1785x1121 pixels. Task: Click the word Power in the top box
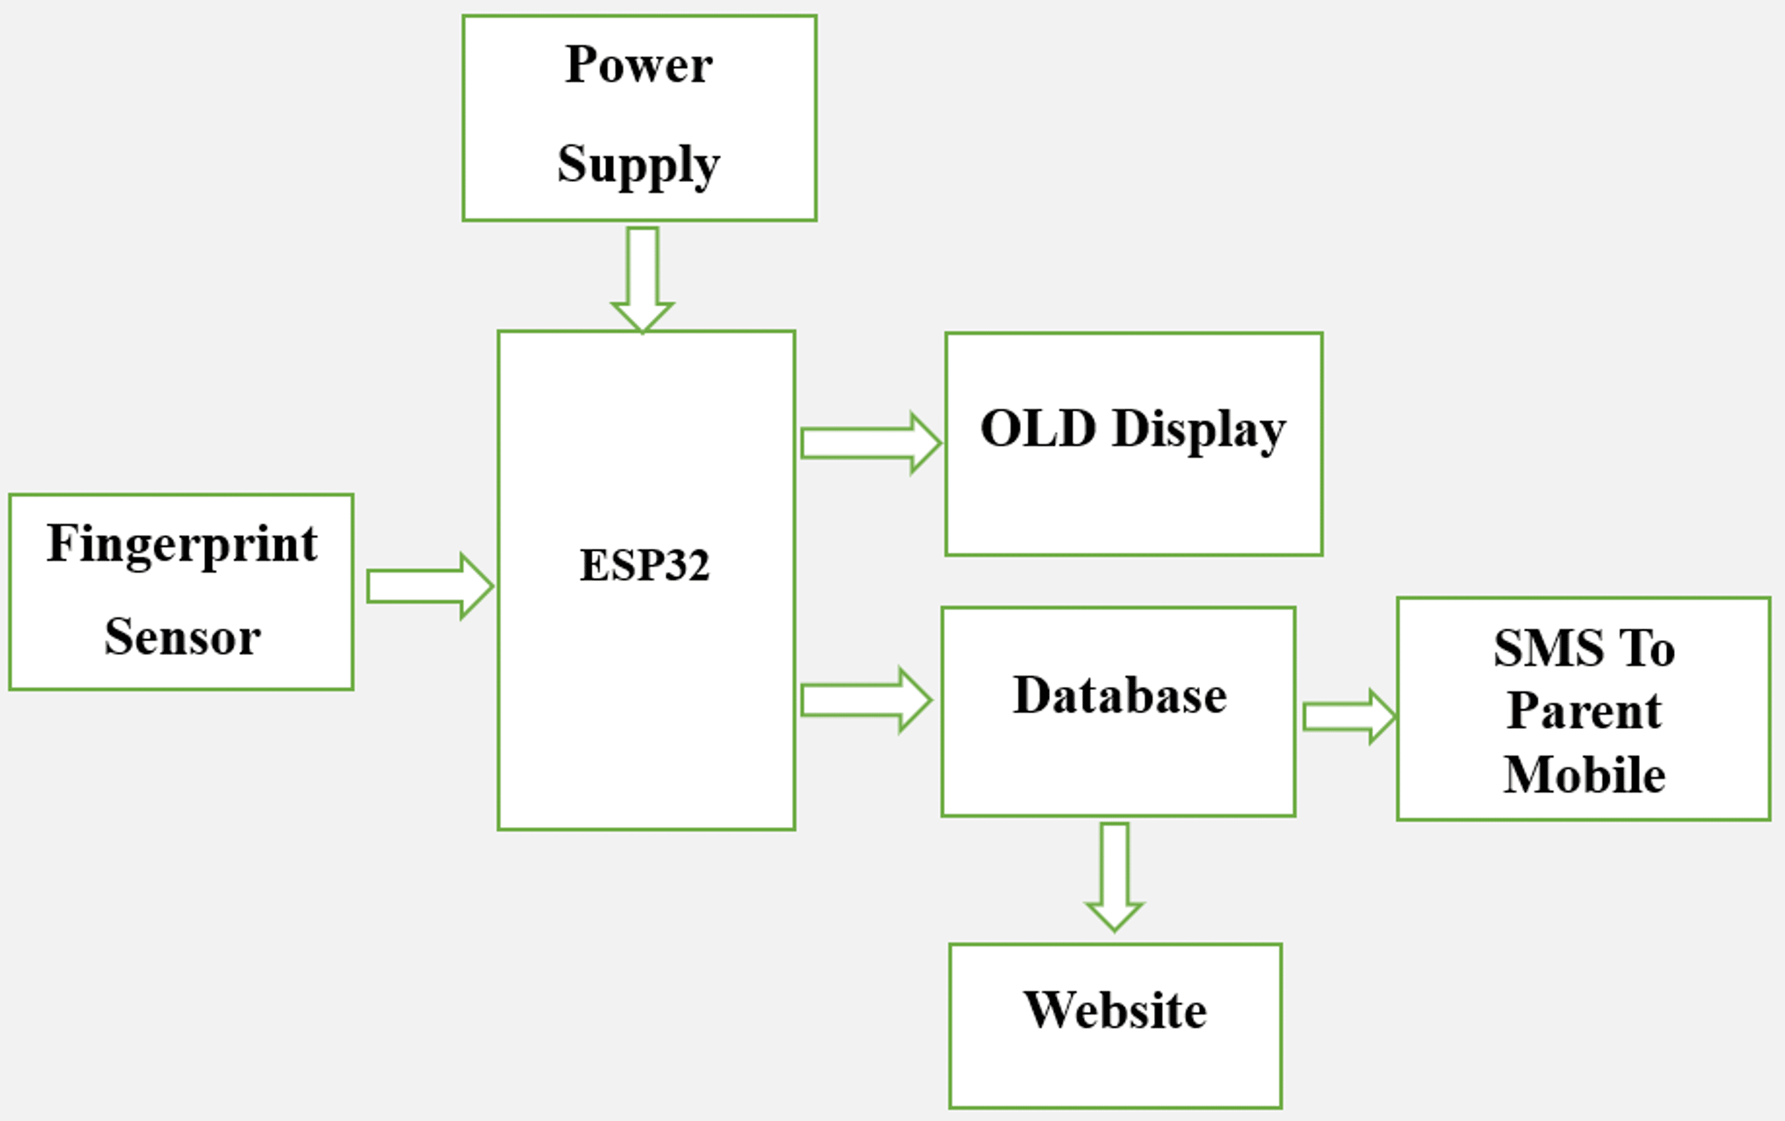638,65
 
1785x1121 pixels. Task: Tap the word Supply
638,165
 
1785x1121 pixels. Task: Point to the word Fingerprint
182,545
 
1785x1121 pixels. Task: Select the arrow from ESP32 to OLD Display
869,443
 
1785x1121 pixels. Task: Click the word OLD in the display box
1038,428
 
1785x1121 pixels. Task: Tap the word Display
1199,430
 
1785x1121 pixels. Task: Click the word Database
1119,696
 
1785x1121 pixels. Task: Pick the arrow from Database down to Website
1114,875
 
